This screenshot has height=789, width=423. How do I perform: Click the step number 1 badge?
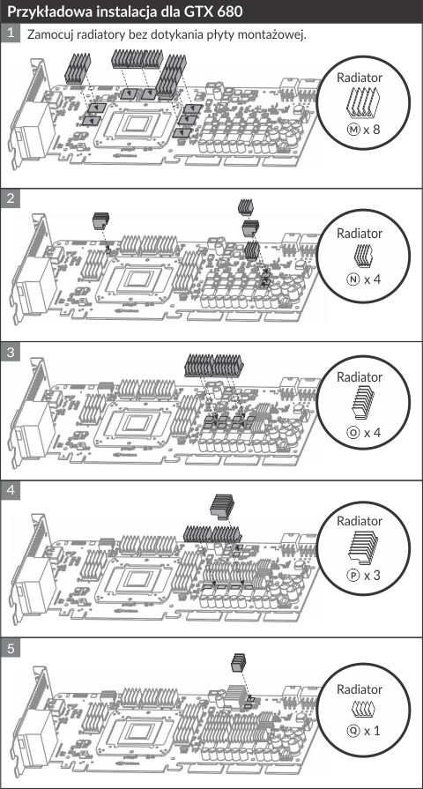click(10, 33)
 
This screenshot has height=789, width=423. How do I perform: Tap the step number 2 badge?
click(10, 198)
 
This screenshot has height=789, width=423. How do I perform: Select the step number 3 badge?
click(10, 352)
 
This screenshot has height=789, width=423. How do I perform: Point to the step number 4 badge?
click(10, 491)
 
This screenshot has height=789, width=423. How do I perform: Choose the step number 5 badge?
click(10, 649)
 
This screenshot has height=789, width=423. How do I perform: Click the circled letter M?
click(354, 130)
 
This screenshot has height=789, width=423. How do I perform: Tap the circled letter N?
click(354, 279)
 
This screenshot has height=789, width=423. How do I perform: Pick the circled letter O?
click(354, 432)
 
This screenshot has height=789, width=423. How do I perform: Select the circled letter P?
click(354, 575)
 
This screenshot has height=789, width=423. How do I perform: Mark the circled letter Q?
click(354, 730)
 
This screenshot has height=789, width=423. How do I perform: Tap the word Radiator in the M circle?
click(360, 78)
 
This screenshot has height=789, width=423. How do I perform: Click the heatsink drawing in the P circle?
click(363, 547)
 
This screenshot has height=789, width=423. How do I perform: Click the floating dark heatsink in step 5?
click(239, 662)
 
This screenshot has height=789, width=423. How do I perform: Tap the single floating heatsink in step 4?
click(222, 506)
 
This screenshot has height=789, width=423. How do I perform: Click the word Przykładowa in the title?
click(40, 11)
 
